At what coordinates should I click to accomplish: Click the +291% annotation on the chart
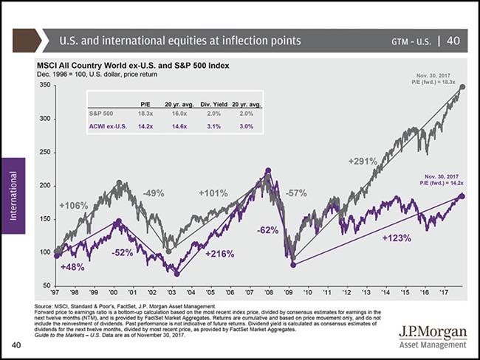point(363,160)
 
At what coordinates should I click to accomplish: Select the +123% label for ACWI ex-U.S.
point(397,238)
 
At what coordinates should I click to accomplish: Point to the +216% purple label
point(219,254)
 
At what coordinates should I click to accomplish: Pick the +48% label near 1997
point(72,266)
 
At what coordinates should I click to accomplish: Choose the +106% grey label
point(72,205)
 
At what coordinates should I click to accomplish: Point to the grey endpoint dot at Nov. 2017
point(462,87)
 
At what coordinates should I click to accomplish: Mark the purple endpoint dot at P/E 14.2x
point(462,196)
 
